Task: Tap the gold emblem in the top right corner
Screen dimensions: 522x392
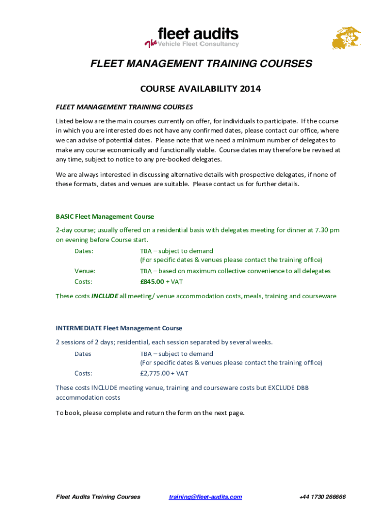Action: click(346, 38)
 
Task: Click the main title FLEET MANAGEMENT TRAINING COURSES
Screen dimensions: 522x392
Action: click(201, 64)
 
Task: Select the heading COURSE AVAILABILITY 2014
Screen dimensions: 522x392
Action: click(200, 89)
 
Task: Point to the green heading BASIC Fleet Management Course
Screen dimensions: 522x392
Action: click(105, 217)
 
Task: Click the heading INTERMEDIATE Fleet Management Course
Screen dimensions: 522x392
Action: click(119, 328)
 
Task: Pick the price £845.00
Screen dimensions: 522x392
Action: click(152, 281)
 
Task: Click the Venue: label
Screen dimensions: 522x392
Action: click(85, 271)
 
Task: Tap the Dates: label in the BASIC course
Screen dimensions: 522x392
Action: click(83, 251)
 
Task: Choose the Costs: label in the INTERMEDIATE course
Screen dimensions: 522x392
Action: click(83, 374)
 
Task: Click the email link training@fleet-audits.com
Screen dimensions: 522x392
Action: click(205, 497)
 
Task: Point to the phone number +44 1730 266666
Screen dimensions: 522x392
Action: click(322, 497)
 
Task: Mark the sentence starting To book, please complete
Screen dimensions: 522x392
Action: click(150, 413)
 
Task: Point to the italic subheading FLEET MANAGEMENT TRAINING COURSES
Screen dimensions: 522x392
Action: click(124, 107)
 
